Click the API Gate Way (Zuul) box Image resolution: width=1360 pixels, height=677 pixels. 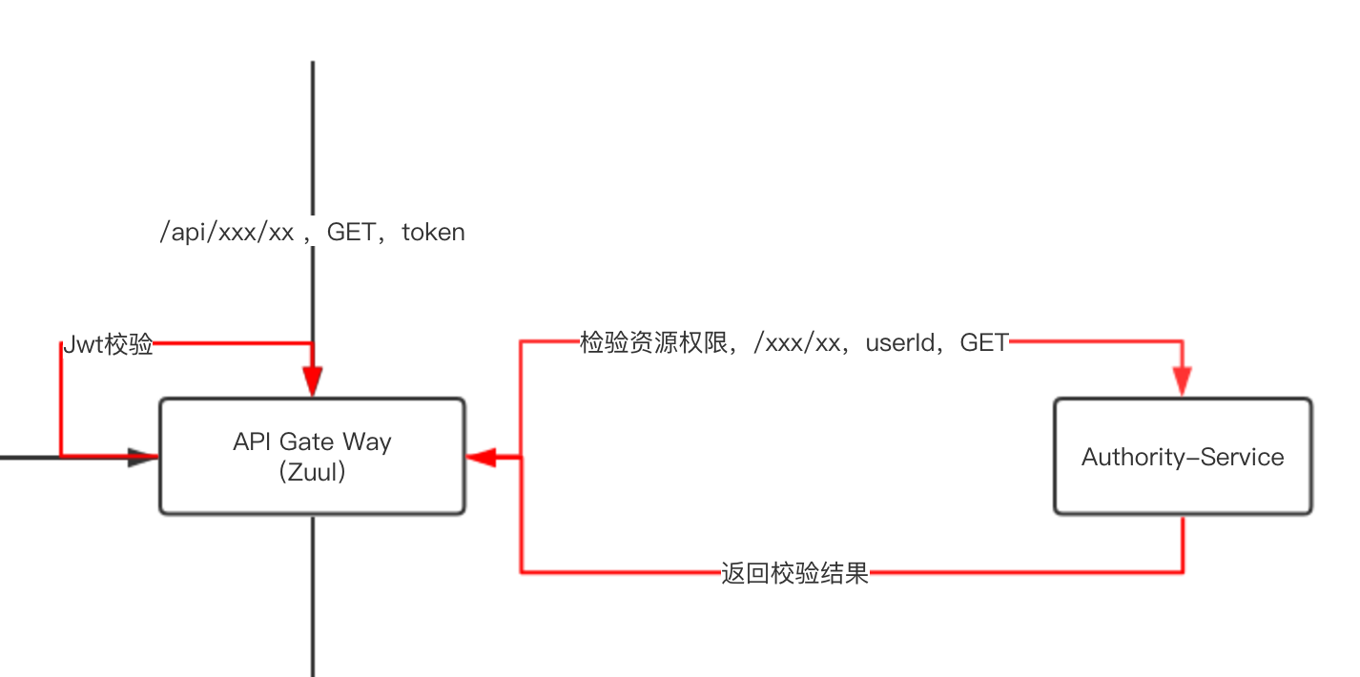click(x=312, y=456)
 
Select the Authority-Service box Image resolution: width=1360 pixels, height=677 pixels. click(x=1183, y=456)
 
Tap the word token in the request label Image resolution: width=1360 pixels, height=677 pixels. click(x=433, y=233)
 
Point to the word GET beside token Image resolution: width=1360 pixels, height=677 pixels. click(x=351, y=233)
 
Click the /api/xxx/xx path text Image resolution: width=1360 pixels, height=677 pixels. click(x=226, y=233)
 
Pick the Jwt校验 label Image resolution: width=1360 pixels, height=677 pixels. click(x=108, y=345)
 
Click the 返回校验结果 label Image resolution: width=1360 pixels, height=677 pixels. click(x=794, y=574)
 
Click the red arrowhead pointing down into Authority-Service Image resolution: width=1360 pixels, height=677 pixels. click(x=1184, y=382)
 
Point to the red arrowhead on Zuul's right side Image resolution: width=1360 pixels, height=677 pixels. click(x=481, y=458)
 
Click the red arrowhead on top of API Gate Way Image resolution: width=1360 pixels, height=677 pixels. click(x=312, y=381)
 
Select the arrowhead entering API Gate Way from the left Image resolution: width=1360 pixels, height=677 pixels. click(x=143, y=458)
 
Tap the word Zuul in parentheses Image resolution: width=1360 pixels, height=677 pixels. click(x=312, y=471)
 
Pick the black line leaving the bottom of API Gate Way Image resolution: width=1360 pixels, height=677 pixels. click(x=313, y=591)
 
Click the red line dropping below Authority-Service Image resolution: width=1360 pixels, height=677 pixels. click(x=1184, y=544)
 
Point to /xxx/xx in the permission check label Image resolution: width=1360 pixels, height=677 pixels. click(x=796, y=343)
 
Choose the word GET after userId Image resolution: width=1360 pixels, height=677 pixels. click(x=984, y=343)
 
